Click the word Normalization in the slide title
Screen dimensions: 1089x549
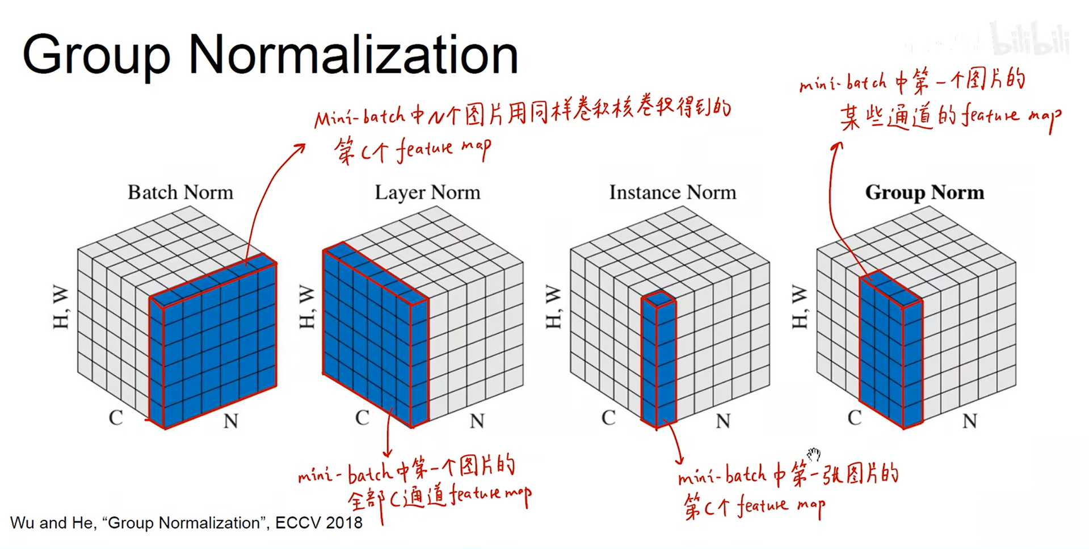353,55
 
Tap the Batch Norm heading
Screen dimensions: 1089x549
180,192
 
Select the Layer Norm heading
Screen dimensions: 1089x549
427,192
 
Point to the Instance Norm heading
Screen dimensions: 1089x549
672,192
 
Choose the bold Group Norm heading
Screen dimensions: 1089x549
924,192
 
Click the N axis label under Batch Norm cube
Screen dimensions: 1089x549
230,421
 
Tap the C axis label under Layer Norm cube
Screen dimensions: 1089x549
362,418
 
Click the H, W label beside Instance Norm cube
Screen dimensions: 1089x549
553,307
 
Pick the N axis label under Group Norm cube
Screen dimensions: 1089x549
969,421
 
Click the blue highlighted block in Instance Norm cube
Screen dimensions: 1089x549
659,363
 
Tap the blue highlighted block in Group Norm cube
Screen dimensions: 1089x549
890,352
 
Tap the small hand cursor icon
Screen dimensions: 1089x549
814,454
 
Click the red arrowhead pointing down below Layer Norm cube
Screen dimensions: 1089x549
388,452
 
